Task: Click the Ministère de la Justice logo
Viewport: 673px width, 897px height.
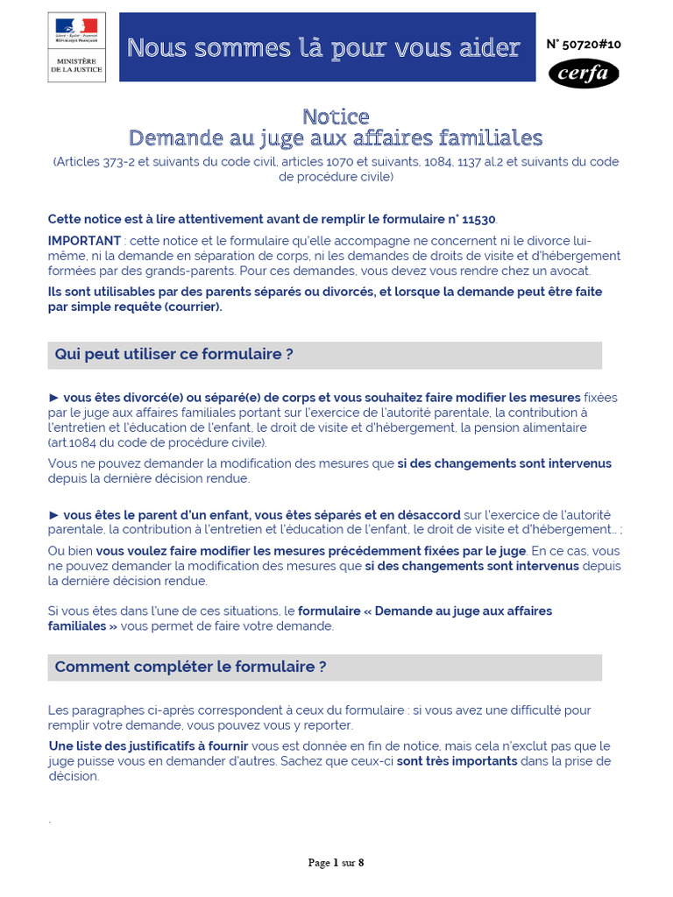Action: [77, 47]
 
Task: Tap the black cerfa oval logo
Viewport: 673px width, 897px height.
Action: [584, 74]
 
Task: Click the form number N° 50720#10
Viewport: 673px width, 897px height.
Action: [584, 44]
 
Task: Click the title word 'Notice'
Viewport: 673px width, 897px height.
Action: [336, 117]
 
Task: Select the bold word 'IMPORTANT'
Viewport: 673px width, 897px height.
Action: [84, 241]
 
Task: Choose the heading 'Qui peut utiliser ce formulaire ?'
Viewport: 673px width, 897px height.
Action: [174, 355]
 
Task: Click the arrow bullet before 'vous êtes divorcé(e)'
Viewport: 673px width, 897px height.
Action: [53, 398]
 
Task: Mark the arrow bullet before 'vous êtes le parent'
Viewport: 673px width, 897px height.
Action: [53, 515]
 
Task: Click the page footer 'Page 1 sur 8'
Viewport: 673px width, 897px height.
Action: [336, 863]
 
